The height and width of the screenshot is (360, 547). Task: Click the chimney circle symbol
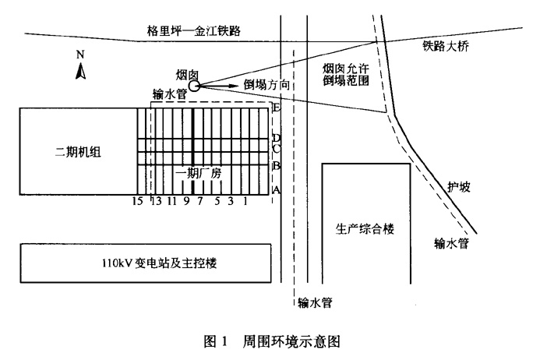(x=194, y=85)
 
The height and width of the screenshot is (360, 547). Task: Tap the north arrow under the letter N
(x=80, y=71)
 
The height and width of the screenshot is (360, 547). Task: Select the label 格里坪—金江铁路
(x=194, y=30)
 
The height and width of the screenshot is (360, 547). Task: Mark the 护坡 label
(x=459, y=187)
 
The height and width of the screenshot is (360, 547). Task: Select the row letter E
(x=276, y=108)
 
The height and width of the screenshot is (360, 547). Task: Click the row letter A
(x=276, y=190)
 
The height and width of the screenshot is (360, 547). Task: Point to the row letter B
(x=276, y=166)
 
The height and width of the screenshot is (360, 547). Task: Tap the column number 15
(x=136, y=202)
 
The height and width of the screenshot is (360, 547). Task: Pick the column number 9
(x=186, y=202)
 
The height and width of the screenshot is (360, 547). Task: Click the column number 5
(x=216, y=202)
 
